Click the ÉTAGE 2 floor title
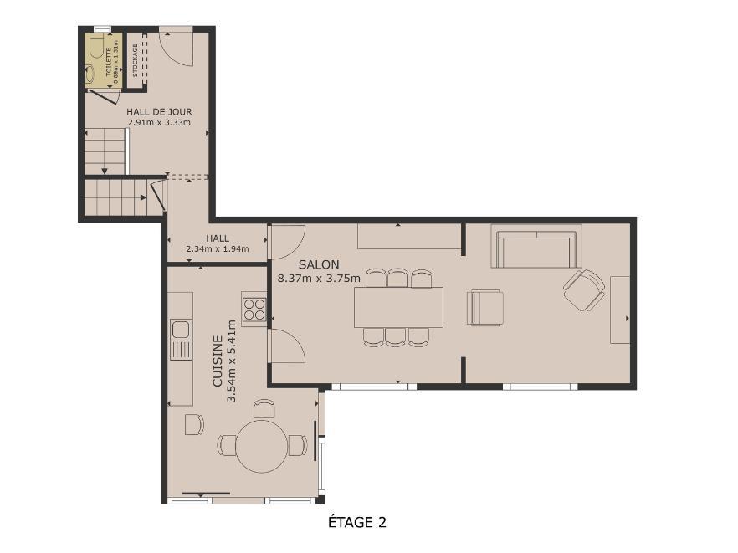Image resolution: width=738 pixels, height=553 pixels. point(356,522)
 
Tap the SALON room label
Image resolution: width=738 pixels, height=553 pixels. point(319,264)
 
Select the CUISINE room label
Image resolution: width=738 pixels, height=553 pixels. point(218,361)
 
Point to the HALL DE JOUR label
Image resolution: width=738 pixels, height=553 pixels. point(159,112)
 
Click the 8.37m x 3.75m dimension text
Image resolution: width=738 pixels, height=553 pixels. point(319,278)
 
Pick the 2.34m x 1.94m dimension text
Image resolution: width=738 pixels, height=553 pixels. point(218,249)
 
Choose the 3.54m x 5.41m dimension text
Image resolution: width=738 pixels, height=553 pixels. point(231,361)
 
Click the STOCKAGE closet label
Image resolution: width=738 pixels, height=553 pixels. point(135,60)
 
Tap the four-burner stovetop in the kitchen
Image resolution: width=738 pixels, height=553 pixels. point(254,310)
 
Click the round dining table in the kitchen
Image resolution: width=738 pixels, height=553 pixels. point(262,446)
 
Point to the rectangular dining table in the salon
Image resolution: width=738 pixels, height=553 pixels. point(398,307)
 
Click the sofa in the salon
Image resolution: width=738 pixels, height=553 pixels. point(536,246)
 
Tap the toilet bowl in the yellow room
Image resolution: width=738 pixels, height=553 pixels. point(97,45)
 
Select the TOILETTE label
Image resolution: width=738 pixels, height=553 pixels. point(109,62)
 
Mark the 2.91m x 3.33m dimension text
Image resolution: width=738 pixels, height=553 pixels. point(159,123)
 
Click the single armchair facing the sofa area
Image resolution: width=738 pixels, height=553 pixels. point(485,308)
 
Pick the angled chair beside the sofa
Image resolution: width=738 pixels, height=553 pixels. point(584,290)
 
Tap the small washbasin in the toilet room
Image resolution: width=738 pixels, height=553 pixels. point(90,74)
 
